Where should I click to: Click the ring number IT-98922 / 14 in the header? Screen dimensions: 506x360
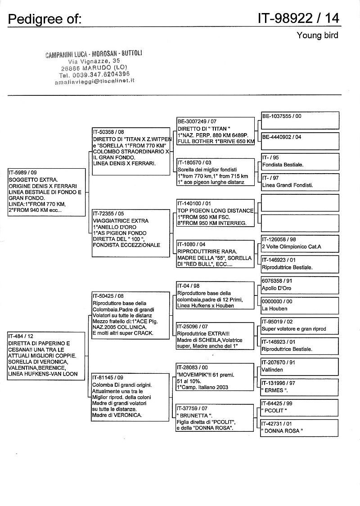click(x=298, y=18)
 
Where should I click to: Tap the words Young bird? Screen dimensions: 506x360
click(x=317, y=36)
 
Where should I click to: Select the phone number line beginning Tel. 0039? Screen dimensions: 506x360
click(x=94, y=74)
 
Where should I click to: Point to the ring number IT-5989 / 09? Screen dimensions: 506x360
click(x=23, y=172)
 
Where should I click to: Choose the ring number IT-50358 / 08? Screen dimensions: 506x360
click(x=108, y=132)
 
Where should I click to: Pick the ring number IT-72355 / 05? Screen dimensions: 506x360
click(x=108, y=214)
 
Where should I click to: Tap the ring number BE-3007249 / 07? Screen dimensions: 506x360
click(x=197, y=121)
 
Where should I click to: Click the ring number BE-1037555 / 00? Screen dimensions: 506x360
click(x=282, y=116)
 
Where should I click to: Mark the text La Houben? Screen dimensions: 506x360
click(x=274, y=309)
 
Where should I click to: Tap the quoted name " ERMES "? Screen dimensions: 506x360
click(x=276, y=390)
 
